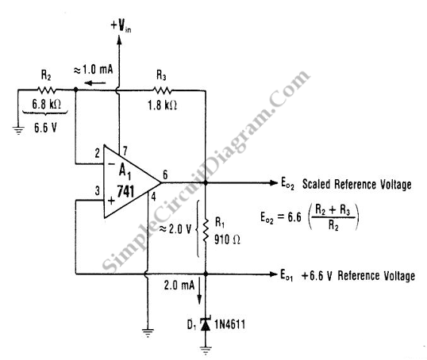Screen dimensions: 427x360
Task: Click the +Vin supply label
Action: tap(121, 26)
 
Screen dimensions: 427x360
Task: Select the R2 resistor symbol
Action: tap(47, 90)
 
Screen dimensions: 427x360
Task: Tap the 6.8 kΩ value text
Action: tap(47, 104)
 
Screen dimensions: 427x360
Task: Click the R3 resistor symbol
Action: tap(162, 90)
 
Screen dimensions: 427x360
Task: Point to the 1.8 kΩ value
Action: tap(162, 105)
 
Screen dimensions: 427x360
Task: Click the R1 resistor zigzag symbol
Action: tap(206, 229)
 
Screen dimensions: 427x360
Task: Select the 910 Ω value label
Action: tap(227, 239)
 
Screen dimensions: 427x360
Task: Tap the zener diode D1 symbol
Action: tap(206, 324)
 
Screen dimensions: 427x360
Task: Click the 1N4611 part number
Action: tap(229, 324)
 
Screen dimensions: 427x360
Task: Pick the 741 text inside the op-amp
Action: tap(125, 191)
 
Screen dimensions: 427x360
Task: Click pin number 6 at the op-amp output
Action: tap(165, 174)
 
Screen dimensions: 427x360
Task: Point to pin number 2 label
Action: tap(97, 154)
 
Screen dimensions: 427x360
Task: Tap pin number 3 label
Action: tap(97, 191)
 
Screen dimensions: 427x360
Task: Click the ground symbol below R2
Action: tap(18, 130)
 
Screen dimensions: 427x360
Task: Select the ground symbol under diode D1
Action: tap(206, 350)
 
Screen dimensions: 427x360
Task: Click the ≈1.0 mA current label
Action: tap(93, 70)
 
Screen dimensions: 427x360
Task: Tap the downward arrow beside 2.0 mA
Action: tap(200, 290)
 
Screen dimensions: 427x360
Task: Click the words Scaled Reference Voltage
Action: tap(356, 184)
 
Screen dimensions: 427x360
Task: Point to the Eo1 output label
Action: tap(287, 275)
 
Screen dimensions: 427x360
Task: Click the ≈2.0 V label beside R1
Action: tap(175, 229)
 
